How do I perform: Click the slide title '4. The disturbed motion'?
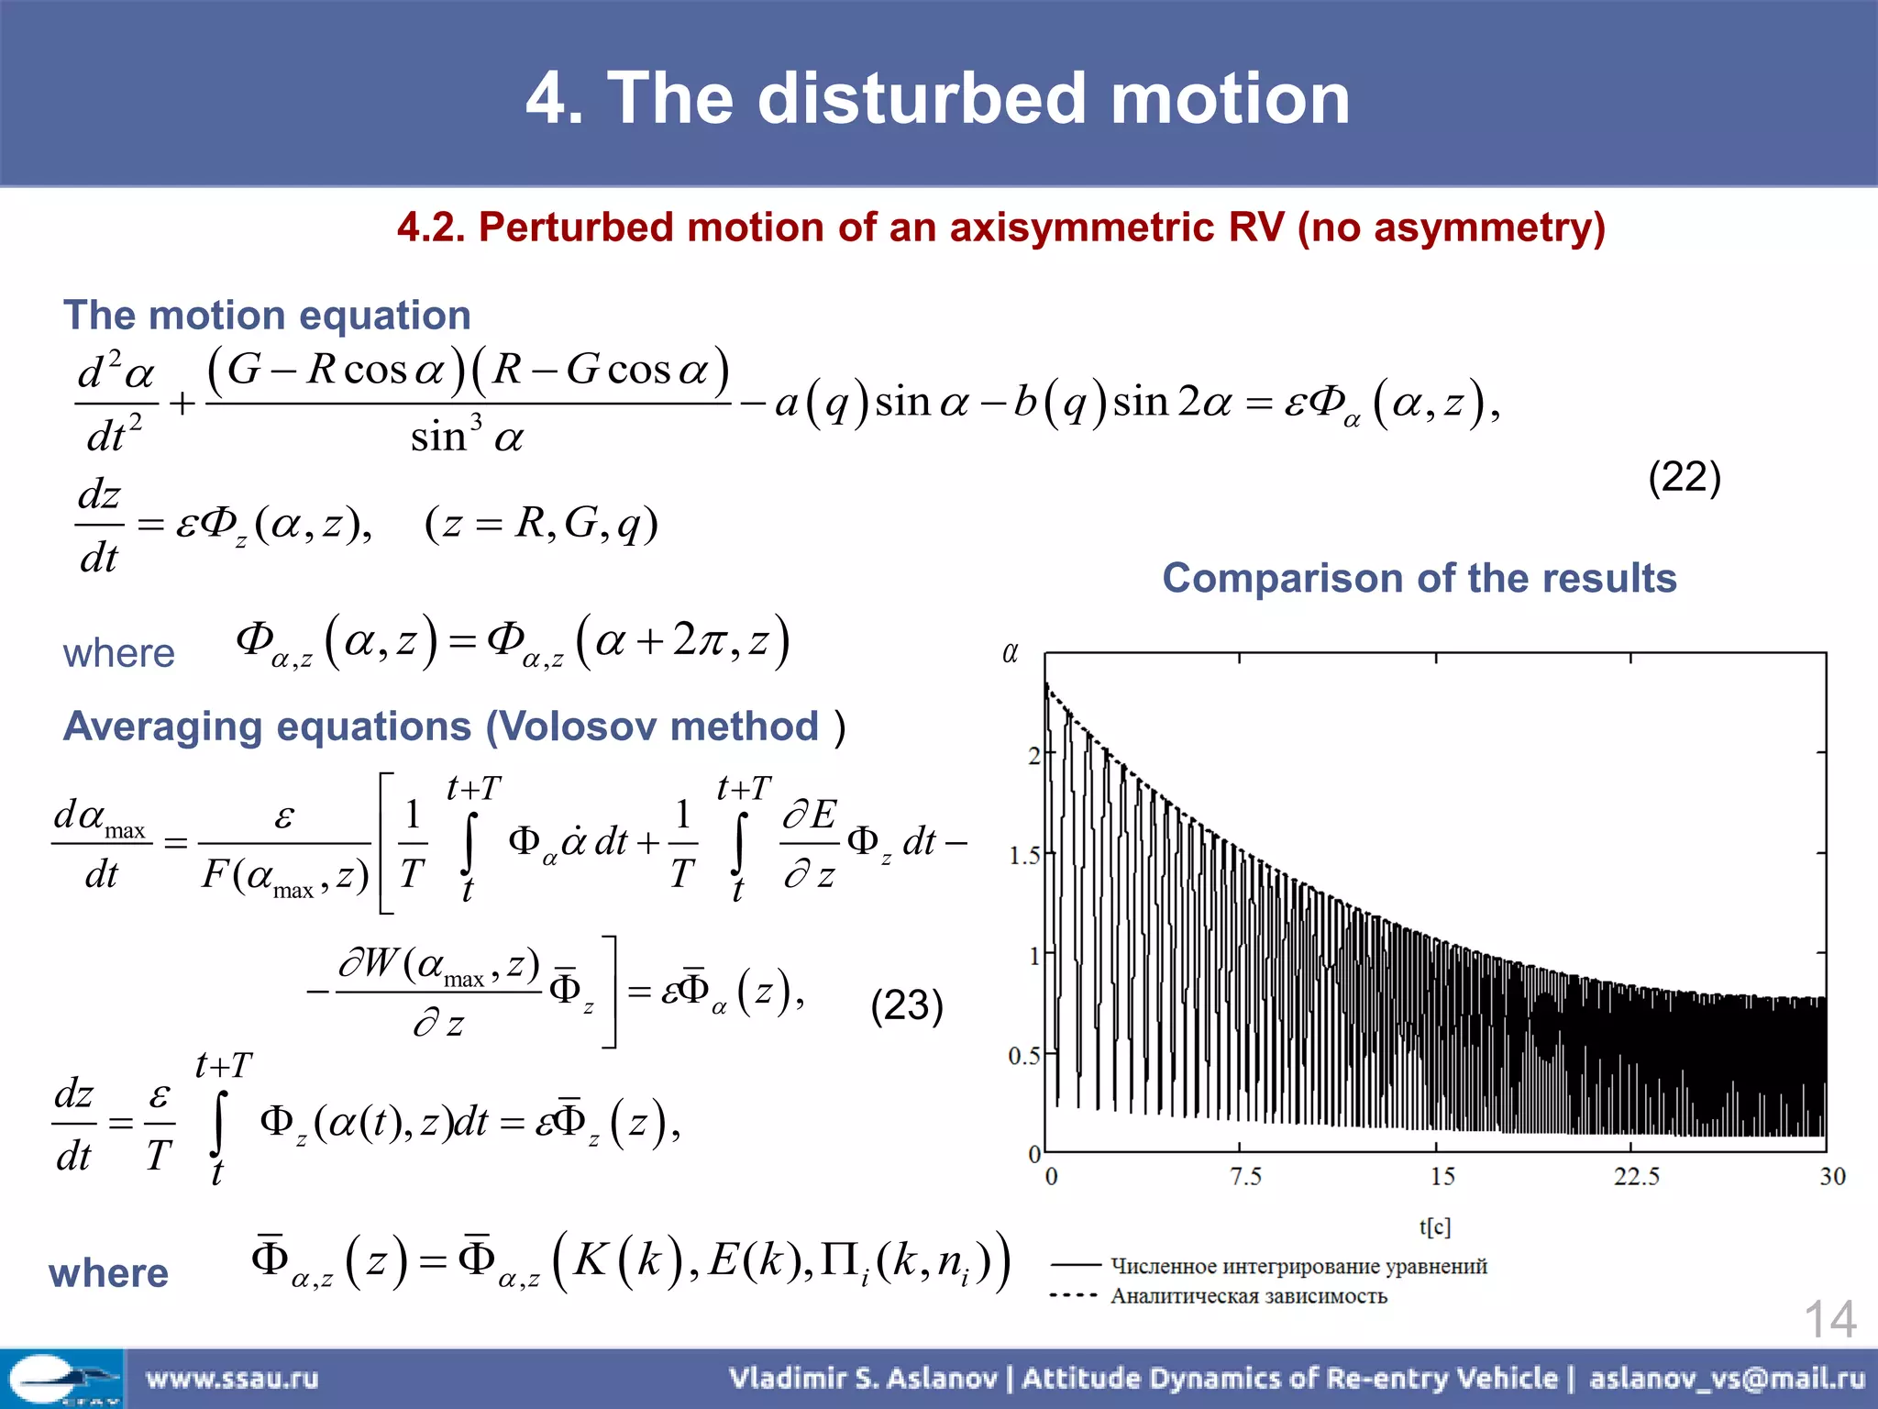coord(937,98)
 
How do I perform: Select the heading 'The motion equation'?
coord(267,316)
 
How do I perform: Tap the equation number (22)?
coord(1684,477)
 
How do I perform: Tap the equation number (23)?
coord(906,1005)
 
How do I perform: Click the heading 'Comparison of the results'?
coord(1419,579)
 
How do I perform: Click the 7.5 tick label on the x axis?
coord(1245,1176)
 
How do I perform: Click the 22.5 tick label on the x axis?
coord(1636,1176)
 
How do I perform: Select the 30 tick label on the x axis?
coord(1831,1176)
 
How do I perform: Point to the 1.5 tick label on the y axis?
coord(1025,856)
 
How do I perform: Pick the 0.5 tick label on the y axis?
coord(1025,1056)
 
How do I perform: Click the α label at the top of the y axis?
coord(1010,653)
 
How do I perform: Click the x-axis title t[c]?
coord(1435,1226)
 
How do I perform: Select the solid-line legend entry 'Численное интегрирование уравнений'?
coord(1298,1267)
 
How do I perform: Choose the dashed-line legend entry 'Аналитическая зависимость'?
coord(1248,1296)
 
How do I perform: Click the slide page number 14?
coord(1829,1320)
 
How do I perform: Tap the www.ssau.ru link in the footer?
coord(232,1378)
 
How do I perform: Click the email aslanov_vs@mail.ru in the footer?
coord(1727,1378)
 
